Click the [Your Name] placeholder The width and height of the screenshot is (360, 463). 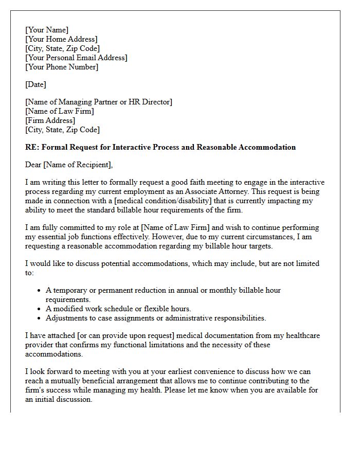click(x=47, y=30)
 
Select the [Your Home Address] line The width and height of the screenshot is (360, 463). click(x=61, y=39)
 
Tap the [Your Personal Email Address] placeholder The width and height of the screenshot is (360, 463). click(x=76, y=58)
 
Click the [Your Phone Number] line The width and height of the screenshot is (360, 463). click(x=62, y=67)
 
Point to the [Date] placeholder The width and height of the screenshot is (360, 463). click(x=35, y=84)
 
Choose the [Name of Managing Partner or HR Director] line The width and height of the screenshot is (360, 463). click(x=99, y=102)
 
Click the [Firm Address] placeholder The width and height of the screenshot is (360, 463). click(x=50, y=120)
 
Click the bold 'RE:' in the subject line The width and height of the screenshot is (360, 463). click(x=32, y=147)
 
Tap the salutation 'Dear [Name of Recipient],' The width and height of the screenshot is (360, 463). click(x=68, y=165)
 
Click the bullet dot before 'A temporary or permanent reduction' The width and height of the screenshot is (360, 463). click(x=40, y=291)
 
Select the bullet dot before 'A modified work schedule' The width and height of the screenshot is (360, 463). click(x=40, y=309)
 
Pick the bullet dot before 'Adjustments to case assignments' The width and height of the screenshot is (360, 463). click(x=40, y=318)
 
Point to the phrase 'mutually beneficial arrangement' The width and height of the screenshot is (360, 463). click(x=103, y=381)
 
